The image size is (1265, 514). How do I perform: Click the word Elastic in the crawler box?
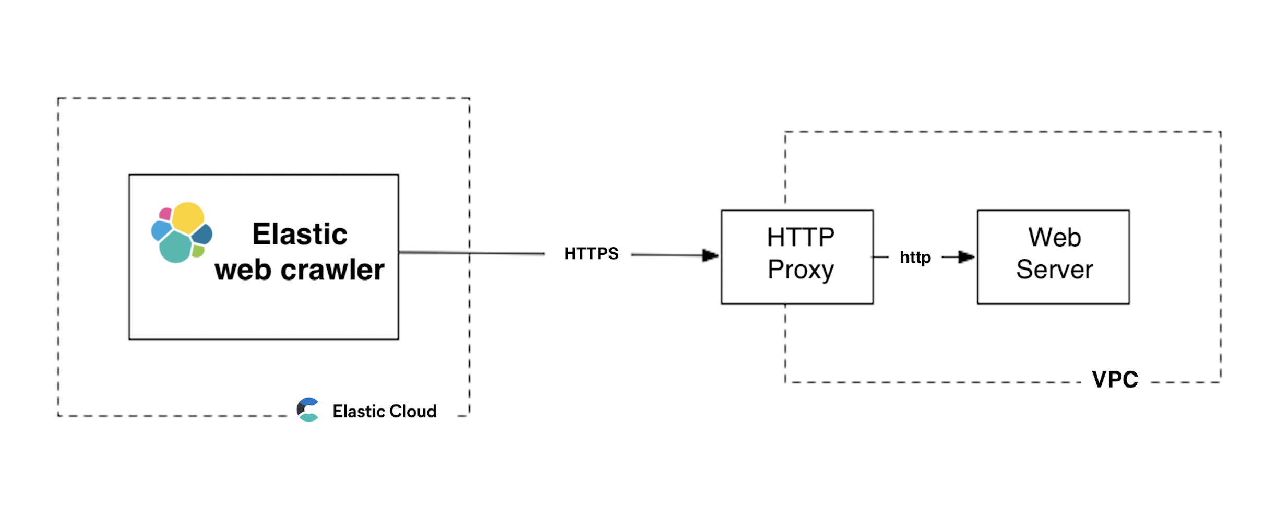300,234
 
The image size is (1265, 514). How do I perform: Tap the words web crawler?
300,270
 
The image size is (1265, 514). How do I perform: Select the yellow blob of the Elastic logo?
188,217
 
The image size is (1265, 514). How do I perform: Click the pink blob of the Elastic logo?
165,214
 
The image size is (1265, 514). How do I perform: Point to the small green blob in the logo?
198,251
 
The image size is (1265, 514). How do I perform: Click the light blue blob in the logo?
161,230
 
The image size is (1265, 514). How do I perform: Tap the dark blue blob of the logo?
202,234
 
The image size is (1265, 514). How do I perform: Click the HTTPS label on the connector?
591,254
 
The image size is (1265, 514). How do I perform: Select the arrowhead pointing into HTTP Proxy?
710,255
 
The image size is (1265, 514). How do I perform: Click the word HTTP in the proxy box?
800,238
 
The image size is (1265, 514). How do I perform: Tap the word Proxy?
800,270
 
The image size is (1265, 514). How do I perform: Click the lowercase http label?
915,258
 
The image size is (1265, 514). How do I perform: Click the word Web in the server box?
1054,238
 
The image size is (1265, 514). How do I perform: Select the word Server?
1054,270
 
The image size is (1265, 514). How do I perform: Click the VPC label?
1115,380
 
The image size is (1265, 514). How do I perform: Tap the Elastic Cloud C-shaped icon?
308,410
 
